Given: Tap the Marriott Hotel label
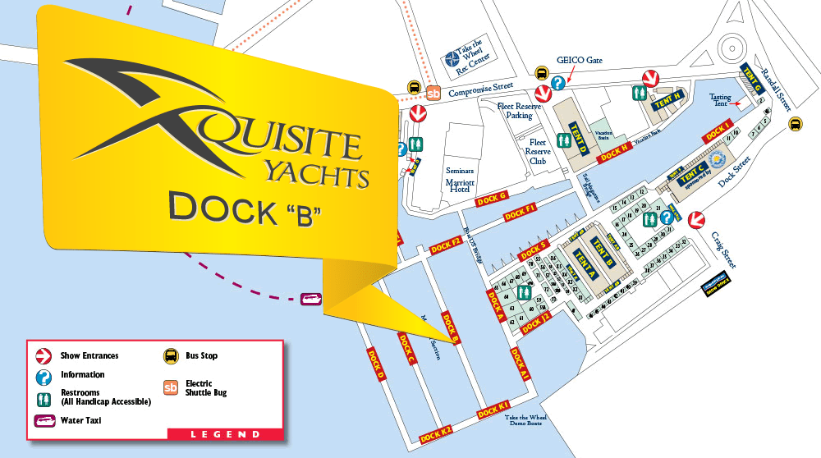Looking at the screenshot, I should point(459,183).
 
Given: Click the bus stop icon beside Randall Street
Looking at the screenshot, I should point(795,124).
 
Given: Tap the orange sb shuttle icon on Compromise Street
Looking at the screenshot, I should point(433,92).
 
